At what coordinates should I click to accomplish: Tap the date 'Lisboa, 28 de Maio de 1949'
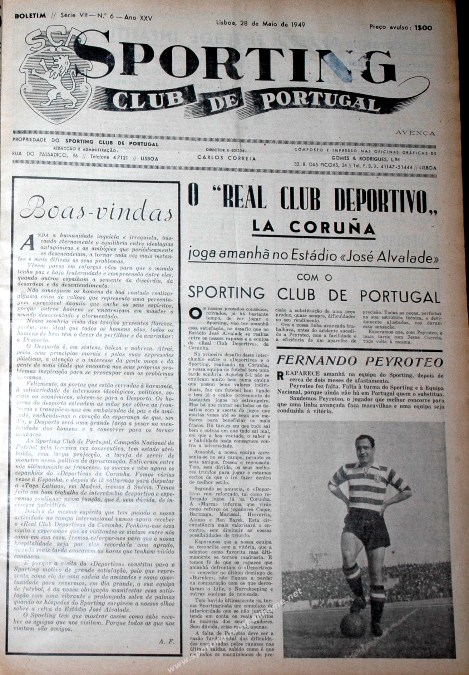click(260, 24)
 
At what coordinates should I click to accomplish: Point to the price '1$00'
click(423, 28)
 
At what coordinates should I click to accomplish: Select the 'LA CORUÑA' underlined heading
click(314, 227)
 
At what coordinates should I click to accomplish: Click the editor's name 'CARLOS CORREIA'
click(227, 158)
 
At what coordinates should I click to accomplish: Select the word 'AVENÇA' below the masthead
click(415, 133)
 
